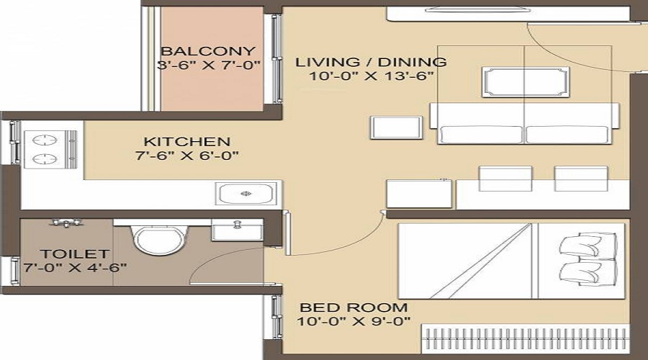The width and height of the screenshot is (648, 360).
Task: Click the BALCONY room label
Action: click(x=208, y=51)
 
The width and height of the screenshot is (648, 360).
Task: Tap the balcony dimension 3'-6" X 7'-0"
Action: click(x=209, y=65)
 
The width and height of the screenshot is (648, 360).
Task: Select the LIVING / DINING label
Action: click(x=371, y=62)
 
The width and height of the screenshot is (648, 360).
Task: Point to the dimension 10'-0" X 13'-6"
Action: click(x=372, y=76)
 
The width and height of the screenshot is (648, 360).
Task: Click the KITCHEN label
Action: click(x=186, y=142)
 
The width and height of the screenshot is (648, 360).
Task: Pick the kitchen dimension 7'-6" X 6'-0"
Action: click(x=187, y=156)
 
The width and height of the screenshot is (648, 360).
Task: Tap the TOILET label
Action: click(x=69, y=253)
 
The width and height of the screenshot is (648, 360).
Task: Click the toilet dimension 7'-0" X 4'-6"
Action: click(x=75, y=268)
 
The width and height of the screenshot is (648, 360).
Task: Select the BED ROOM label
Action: click(x=354, y=307)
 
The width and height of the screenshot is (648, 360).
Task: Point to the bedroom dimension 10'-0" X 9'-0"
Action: click(x=354, y=321)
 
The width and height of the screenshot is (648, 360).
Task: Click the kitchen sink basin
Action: click(x=246, y=194)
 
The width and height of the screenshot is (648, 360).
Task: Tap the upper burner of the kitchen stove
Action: click(x=45, y=140)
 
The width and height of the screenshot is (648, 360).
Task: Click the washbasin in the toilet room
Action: click(x=237, y=230)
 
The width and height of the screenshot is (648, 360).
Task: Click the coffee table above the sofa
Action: click(x=526, y=82)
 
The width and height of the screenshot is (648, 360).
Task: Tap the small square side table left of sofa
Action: click(x=396, y=127)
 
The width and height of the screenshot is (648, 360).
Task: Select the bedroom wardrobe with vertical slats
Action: click(x=526, y=339)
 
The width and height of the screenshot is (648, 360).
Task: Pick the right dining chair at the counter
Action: click(x=580, y=179)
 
